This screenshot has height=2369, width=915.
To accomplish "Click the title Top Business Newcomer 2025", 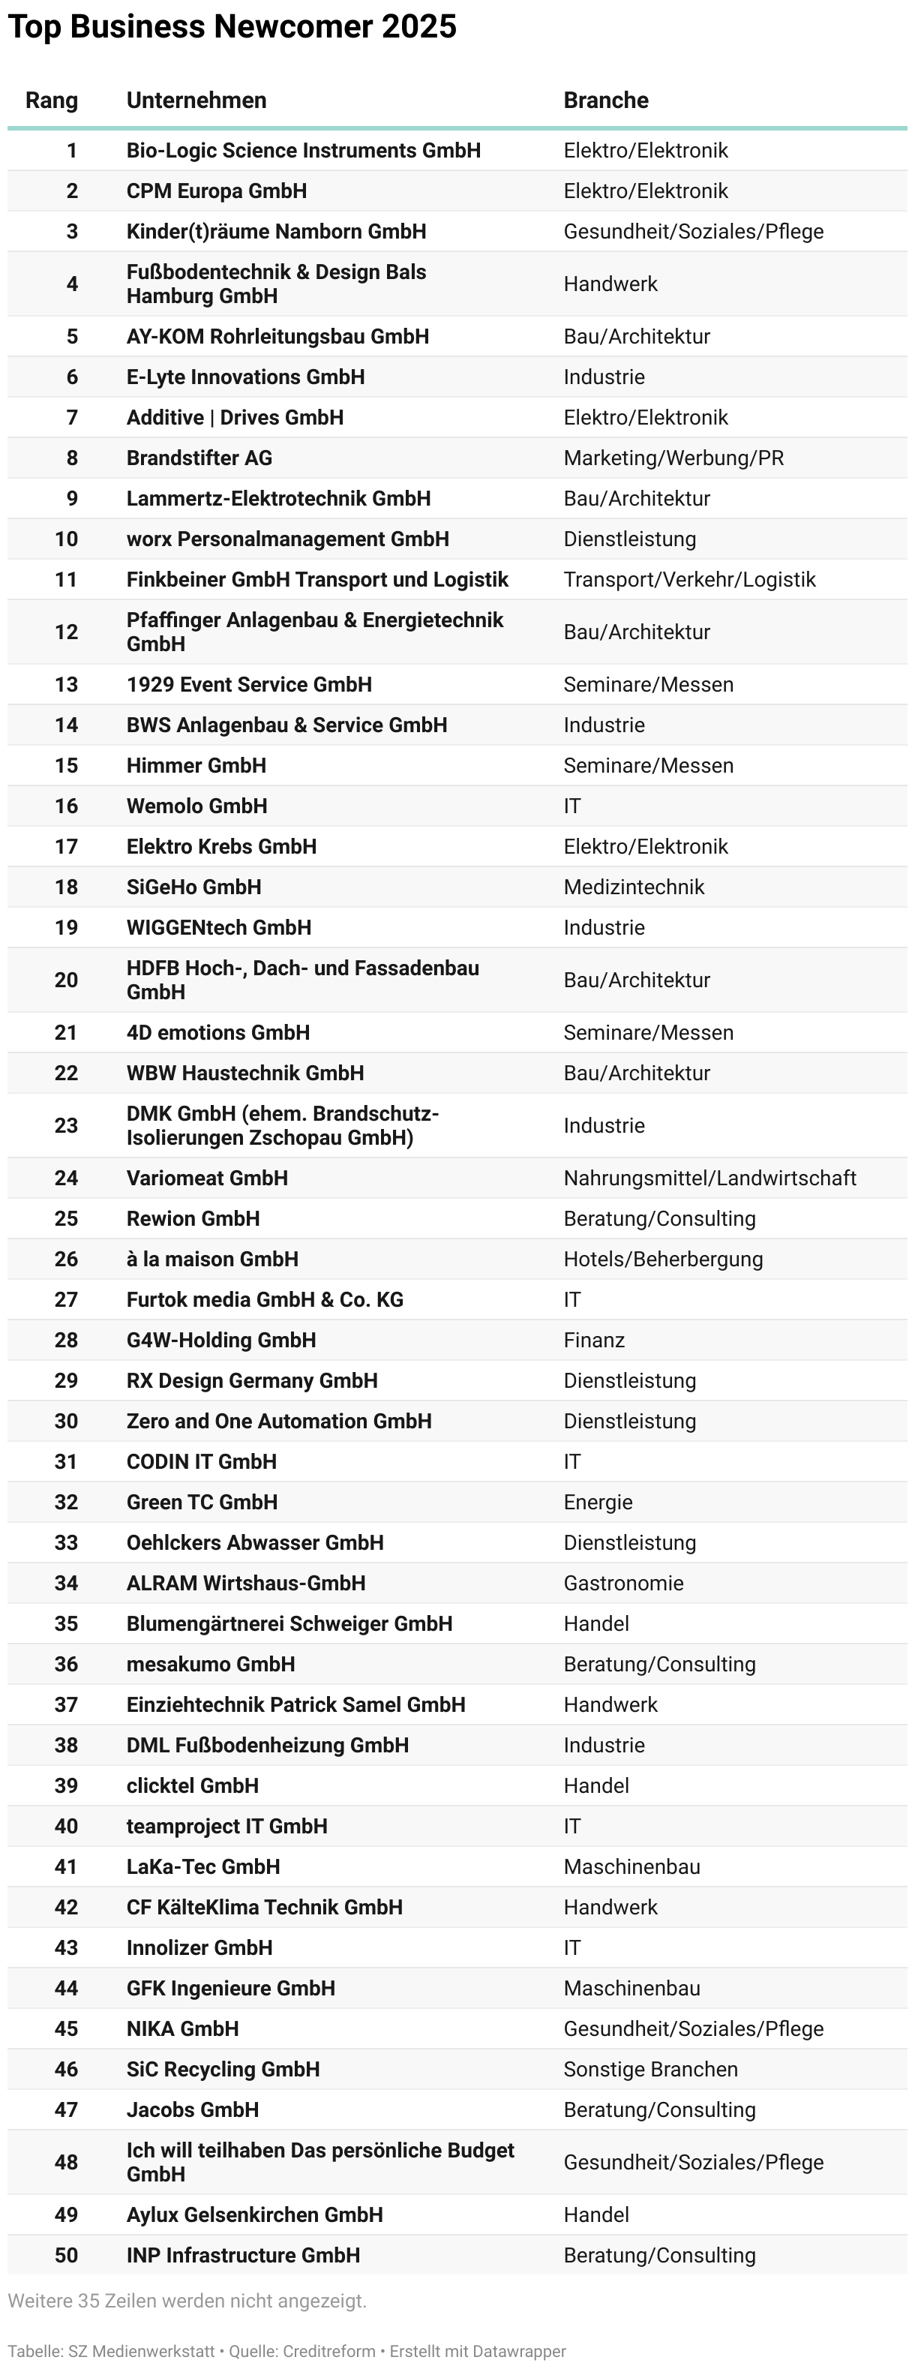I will point(232,27).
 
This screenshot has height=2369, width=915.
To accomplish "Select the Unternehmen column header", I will point(196,101).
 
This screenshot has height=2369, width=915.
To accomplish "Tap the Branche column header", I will point(605,101).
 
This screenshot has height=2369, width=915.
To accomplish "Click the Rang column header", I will point(52,101).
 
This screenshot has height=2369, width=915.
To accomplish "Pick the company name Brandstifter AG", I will point(199,458).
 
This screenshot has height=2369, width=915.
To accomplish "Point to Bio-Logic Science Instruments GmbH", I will point(304,151).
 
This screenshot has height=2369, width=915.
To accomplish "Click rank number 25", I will point(66,1218).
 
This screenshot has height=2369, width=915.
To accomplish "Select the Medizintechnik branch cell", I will point(634,887).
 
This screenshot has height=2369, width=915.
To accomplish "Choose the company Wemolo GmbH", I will point(196,806).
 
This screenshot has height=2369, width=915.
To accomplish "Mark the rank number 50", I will point(66,2255).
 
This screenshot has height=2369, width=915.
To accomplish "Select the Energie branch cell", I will point(598,1502).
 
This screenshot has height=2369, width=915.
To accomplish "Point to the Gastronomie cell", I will point(622,1583).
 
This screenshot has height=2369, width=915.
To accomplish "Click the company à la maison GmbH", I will point(211,1259).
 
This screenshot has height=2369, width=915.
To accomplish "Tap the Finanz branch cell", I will point(594,1340).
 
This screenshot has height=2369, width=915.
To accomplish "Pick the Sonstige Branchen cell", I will point(650,2069).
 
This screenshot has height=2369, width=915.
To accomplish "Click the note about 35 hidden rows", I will point(187,2301).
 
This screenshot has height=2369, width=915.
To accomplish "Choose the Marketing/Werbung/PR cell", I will point(673,458).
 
